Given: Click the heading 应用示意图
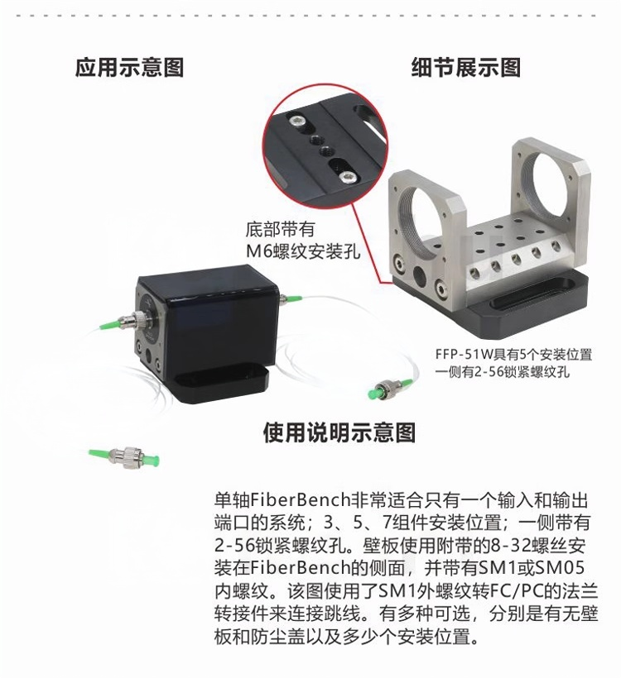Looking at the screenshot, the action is [129, 68].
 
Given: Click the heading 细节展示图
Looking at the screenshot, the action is [466, 68].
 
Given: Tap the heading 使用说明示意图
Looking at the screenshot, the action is [339, 432].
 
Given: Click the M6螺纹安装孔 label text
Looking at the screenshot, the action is [303, 251].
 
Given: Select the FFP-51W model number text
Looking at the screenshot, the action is [465, 355].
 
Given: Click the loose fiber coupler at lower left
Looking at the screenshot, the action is [124, 456].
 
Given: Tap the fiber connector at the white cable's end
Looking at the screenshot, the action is [390, 387].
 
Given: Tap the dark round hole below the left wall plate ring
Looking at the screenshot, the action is [419, 275].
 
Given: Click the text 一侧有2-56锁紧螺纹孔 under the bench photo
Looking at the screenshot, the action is [503, 371].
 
